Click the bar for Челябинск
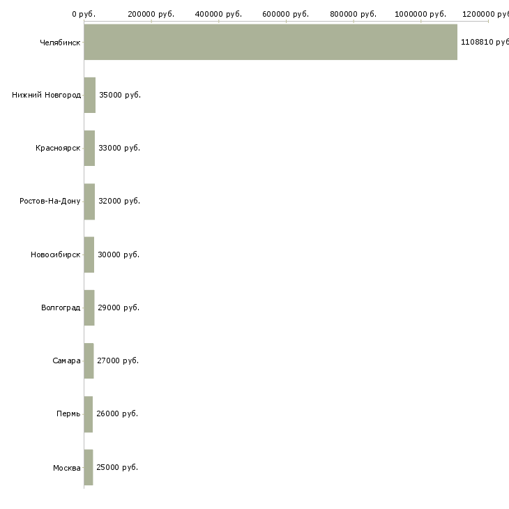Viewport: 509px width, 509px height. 271,42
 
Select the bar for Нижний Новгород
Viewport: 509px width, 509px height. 90,95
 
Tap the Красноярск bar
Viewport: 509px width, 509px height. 89,148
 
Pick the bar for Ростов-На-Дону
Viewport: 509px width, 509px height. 89,202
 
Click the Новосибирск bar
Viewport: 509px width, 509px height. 89,254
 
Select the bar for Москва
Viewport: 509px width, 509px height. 89,467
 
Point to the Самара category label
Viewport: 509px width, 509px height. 66,361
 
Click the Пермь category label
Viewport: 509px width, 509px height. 68,414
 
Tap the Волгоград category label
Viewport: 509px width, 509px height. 61,307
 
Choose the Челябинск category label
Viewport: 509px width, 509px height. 60,42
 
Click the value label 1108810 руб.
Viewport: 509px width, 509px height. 484,42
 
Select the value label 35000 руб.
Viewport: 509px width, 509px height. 120,95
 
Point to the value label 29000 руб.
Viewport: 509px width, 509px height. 119,307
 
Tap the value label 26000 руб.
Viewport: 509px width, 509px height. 117,414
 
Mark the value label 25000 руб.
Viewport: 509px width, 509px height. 117,467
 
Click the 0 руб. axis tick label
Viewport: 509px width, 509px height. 84,14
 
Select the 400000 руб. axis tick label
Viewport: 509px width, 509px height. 219,14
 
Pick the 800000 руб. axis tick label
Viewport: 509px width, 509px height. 354,14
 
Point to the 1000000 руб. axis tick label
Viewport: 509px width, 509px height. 421,14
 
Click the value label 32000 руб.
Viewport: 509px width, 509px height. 119,202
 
